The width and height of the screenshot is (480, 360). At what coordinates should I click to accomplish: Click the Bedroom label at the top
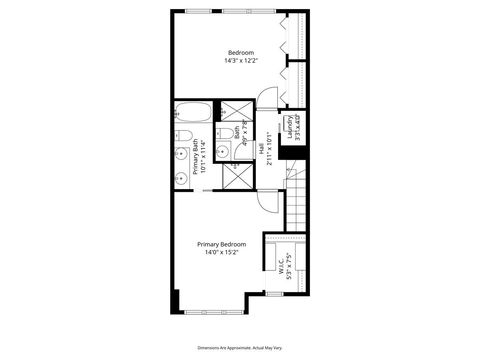(x=240, y=52)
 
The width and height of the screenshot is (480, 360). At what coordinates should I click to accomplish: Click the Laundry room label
(x=289, y=128)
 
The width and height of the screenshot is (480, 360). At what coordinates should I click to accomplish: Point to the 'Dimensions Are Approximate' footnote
(x=240, y=346)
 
